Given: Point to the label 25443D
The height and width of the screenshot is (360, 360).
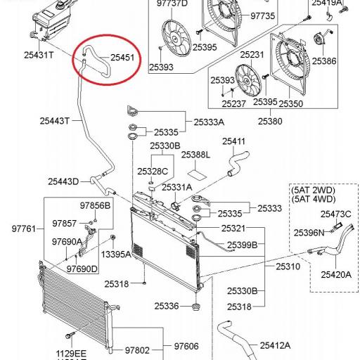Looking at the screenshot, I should (x=63, y=181).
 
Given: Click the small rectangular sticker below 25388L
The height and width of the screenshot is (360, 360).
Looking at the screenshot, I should (x=198, y=172).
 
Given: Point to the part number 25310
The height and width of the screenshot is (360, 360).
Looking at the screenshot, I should (x=288, y=266).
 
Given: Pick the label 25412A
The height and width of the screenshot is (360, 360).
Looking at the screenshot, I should (x=276, y=345).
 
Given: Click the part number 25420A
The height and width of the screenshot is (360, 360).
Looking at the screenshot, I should (x=336, y=274).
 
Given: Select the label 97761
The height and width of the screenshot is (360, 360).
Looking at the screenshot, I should (x=22, y=229).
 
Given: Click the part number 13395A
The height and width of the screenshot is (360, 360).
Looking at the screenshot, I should (x=116, y=254).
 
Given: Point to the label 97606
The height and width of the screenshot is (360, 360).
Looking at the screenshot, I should (x=186, y=346).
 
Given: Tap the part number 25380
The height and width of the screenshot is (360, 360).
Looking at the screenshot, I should (x=271, y=121).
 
